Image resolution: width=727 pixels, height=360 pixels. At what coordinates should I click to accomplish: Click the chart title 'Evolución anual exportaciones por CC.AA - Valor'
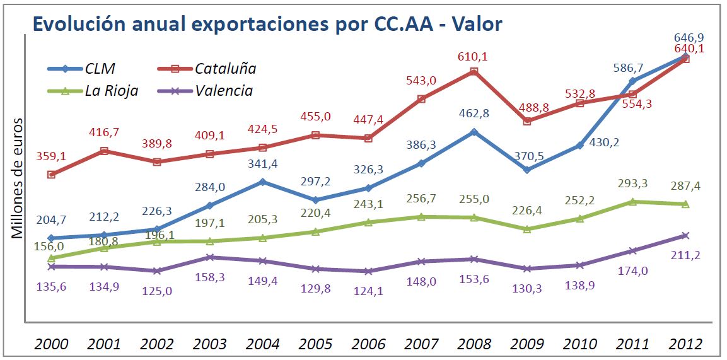[267, 24]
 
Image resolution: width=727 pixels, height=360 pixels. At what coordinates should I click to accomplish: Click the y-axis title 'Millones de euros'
[18, 178]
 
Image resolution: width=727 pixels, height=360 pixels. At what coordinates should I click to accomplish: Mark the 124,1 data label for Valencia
[368, 291]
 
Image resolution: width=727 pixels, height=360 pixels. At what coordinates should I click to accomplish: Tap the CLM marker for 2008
[474, 132]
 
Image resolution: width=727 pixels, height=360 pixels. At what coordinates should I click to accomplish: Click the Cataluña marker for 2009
[526, 121]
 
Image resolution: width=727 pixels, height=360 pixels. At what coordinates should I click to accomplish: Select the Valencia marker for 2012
[685, 236]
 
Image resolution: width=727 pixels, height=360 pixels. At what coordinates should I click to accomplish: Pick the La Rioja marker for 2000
[51, 258]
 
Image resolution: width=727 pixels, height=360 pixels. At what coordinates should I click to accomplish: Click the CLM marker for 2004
[263, 182]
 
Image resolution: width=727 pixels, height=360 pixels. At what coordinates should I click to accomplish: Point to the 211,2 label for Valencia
[686, 255]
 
